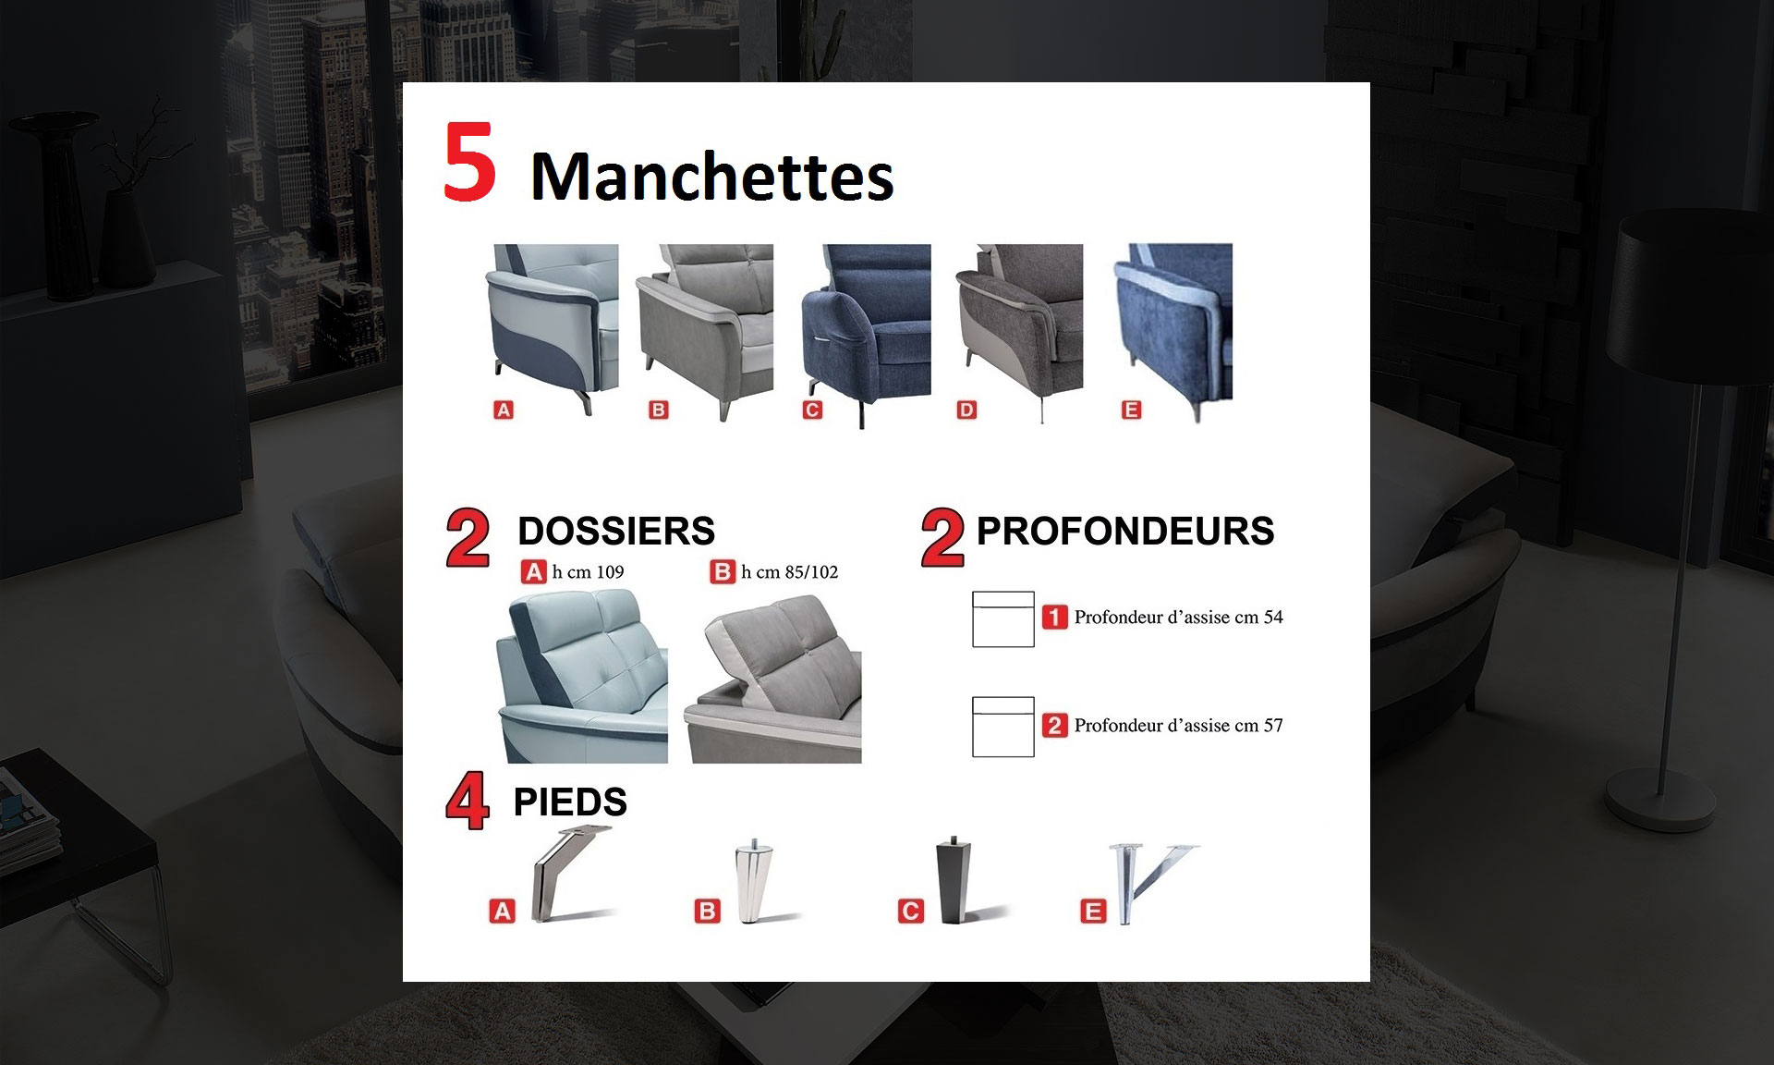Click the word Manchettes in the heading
712,176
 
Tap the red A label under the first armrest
504,410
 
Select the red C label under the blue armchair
812,410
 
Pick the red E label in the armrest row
1131,410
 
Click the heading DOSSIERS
616,531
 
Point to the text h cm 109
588,572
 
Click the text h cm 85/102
789,572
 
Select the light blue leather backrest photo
582,677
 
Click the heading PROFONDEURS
1125,531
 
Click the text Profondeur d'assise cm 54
1178,617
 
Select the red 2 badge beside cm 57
1054,725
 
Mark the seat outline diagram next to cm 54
1002,619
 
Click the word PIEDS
570,802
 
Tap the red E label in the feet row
1093,912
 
